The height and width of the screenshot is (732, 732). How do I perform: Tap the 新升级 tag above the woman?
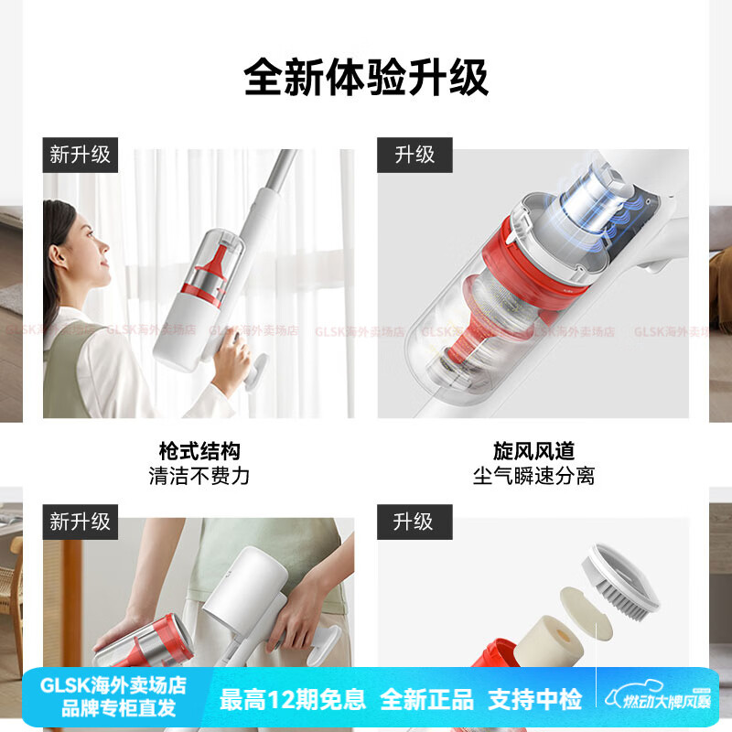click(x=80, y=155)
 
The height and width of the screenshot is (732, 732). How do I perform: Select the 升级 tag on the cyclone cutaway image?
click(x=414, y=155)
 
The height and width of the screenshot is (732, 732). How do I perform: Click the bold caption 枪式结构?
click(x=199, y=451)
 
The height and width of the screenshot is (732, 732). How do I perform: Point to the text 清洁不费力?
click(x=199, y=476)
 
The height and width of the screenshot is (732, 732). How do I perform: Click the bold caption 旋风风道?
click(x=533, y=451)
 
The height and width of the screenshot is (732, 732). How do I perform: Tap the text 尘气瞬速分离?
click(x=533, y=476)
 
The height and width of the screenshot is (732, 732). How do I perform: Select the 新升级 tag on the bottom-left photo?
click(x=80, y=522)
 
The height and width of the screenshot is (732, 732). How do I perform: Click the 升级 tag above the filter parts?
click(x=414, y=522)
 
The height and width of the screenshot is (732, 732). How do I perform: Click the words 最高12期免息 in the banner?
click(x=293, y=700)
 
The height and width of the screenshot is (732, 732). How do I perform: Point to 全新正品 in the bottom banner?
click(x=426, y=700)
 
